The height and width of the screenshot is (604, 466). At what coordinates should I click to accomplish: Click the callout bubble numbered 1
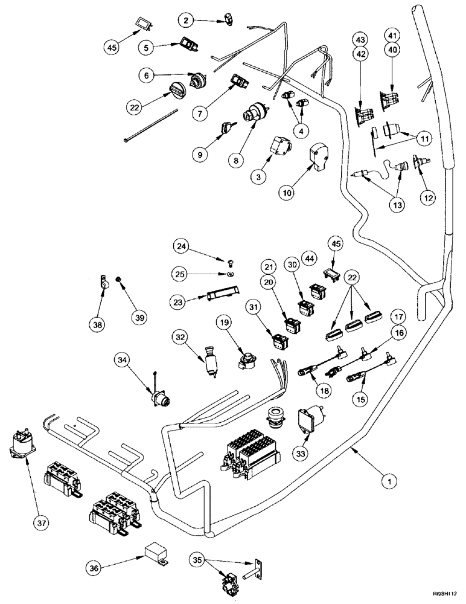coord(391,481)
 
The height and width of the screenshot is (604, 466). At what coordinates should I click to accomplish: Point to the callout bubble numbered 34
coord(123,361)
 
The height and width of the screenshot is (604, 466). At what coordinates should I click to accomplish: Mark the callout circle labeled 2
coord(188,21)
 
